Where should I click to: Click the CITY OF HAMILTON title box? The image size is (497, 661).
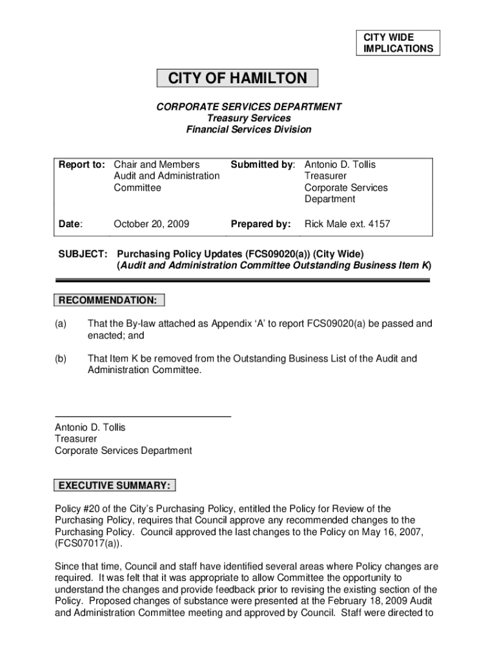pyautogui.click(x=238, y=79)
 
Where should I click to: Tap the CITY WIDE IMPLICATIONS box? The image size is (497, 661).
pyautogui.click(x=398, y=43)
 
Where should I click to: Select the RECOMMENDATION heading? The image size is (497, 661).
pyautogui.click(x=108, y=300)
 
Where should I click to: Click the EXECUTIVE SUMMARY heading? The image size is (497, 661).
pyautogui.click(x=115, y=485)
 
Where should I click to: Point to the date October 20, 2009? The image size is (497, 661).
pyautogui.click(x=151, y=225)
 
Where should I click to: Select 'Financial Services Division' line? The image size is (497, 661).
pyautogui.click(x=249, y=130)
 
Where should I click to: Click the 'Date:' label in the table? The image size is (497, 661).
pyautogui.click(x=70, y=225)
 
